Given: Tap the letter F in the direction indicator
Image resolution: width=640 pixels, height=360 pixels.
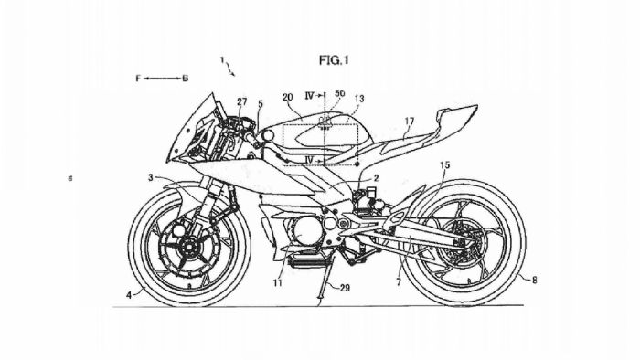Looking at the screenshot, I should pos(138,79).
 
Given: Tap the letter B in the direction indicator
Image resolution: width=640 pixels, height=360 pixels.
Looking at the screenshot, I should pos(185,79).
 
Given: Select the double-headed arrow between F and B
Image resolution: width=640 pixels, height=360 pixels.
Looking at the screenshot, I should pos(161,79).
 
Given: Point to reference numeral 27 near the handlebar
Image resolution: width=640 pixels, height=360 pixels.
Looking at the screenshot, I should pos(241,102).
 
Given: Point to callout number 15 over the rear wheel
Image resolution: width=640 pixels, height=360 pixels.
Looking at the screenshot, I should pos(444,164).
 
